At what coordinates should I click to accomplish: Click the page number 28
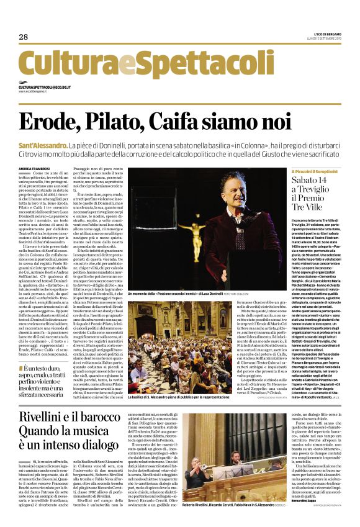click(24, 37)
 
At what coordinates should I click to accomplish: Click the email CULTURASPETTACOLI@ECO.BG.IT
click(52, 88)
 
